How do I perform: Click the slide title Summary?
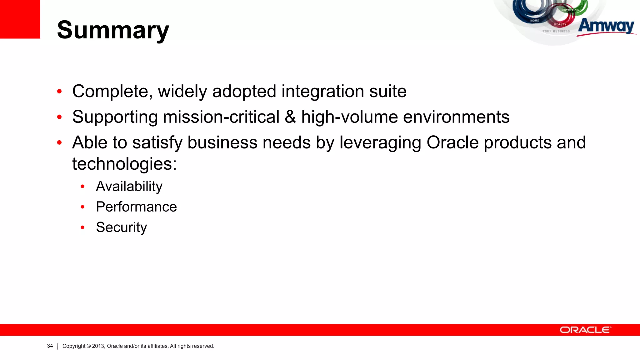(113, 30)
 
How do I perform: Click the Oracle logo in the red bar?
(585, 330)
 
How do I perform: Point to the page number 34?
(50, 346)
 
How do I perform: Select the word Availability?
(129, 187)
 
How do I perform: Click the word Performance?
(136, 207)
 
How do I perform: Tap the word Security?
(121, 227)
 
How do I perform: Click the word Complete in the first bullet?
(112, 92)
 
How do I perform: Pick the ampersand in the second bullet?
(290, 117)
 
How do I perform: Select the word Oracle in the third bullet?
(452, 142)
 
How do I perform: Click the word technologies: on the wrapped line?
(124, 164)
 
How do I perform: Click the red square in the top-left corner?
(20, 19)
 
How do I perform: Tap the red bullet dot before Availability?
(82, 187)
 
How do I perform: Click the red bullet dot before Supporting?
(59, 117)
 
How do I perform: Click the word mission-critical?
(221, 117)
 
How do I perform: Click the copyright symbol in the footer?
(88, 346)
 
